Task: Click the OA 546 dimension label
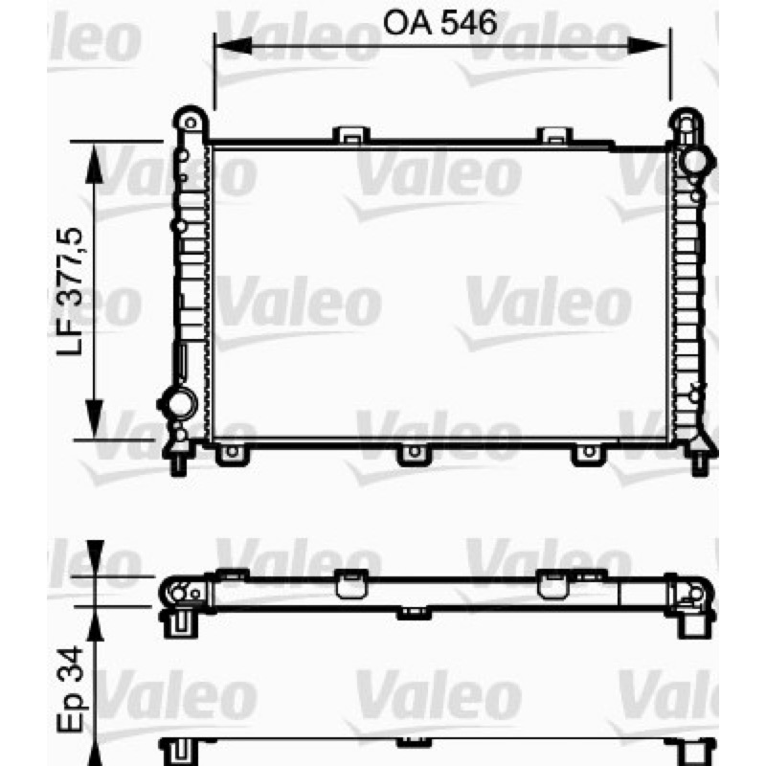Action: coord(440,23)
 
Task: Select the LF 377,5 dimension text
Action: coord(70,292)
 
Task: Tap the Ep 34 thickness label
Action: coord(70,688)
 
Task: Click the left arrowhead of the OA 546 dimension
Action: coord(234,45)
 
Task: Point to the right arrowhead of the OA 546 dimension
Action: coord(647,45)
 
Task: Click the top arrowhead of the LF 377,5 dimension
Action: coord(94,164)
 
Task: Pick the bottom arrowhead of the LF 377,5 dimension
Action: coord(94,418)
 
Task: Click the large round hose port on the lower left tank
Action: coord(179,403)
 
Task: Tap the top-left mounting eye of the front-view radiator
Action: coord(191,123)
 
